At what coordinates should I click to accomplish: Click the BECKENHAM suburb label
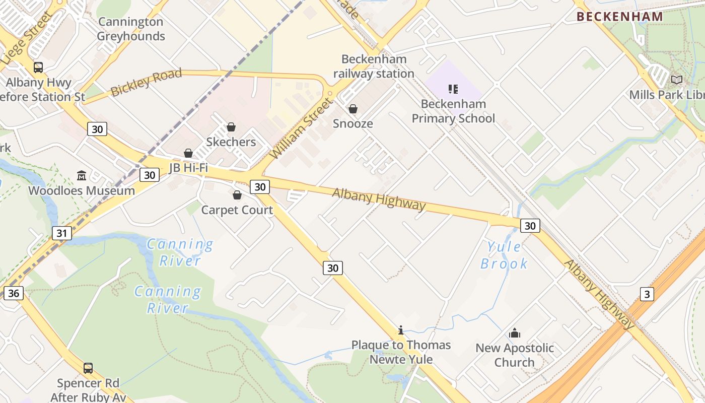[619, 17]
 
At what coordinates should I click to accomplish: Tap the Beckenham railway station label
[374, 66]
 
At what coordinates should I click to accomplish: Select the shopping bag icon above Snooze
[353, 109]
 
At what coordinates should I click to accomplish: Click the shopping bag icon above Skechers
[231, 127]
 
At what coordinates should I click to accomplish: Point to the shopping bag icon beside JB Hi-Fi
[188, 153]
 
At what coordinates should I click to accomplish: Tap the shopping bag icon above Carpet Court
[237, 195]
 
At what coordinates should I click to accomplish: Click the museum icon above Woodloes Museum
[82, 175]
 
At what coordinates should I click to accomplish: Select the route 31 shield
[61, 233]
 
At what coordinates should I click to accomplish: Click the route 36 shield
[14, 293]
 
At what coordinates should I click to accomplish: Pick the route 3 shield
[647, 294]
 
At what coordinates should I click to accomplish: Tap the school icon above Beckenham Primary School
[453, 89]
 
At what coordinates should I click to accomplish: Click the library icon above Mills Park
[677, 80]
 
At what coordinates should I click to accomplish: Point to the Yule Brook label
[504, 255]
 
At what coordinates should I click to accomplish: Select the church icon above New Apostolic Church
[515, 333]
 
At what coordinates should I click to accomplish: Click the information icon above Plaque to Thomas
[401, 330]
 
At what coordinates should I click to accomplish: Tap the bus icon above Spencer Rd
[88, 368]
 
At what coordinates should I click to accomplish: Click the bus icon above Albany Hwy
[38, 67]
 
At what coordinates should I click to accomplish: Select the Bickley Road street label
[146, 83]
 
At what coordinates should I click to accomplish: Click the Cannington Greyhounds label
[131, 29]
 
